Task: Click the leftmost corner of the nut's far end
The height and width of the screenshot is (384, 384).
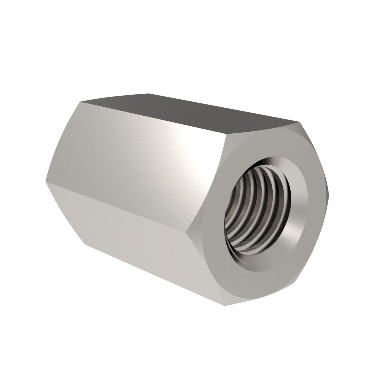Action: pos(46,182)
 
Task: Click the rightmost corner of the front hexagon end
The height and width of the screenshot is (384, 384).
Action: pos(329,191)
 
